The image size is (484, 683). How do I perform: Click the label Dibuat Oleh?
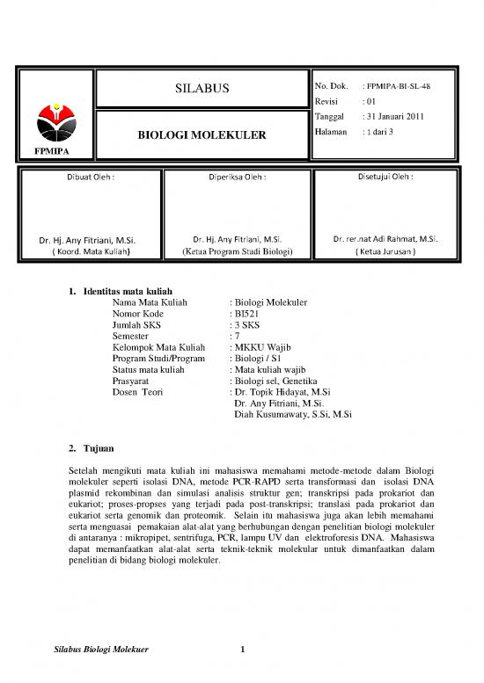pos(88,178)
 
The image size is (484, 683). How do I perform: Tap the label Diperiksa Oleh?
pos(237,178)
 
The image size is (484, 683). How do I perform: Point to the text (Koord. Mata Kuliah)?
pos(88,251)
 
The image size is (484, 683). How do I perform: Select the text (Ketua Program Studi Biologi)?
pos(236,251)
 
